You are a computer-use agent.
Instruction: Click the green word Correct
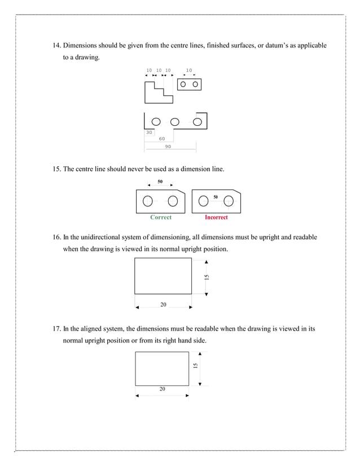161,217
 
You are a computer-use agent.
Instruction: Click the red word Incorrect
216,217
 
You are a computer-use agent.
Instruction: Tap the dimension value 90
168,146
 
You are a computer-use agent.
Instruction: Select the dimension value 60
162,139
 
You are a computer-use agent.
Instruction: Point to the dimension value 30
149,132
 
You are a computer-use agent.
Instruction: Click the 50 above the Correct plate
160,182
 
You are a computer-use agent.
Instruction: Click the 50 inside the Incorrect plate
216,197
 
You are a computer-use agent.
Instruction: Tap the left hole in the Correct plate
148,201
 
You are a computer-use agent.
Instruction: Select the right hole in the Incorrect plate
229,201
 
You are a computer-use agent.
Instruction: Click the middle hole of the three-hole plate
175,121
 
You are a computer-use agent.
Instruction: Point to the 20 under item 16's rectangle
163,305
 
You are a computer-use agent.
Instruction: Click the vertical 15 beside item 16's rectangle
207,276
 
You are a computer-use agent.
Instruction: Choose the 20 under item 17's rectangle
162,389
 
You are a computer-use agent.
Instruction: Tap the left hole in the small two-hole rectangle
183,84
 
